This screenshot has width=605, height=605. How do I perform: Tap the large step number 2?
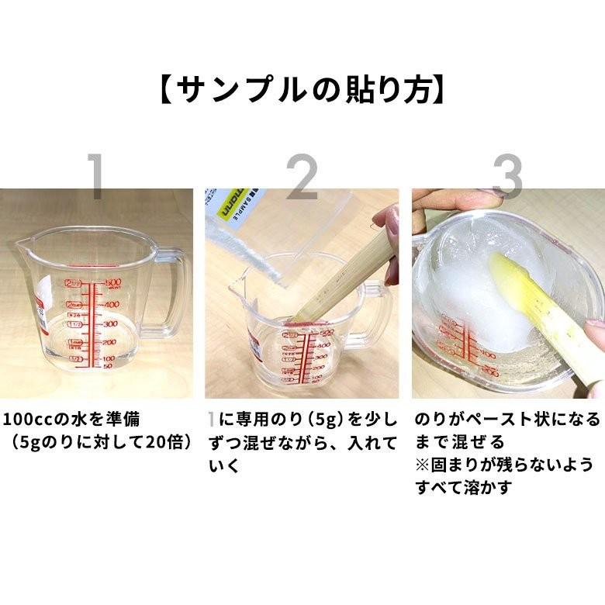[x=302, y=178]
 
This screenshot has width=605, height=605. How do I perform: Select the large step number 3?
[x=507, y=178]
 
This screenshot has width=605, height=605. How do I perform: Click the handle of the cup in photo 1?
[x=172, y=291]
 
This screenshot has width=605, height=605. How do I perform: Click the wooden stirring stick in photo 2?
[x=341, y=268]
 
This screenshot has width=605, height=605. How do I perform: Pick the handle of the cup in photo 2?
[x=376, y=318]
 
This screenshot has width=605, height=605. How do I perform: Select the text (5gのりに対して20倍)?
[x=101, y=443]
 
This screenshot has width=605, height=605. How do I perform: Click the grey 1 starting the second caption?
[x=213, y=420]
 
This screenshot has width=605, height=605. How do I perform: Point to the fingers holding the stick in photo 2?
[x=388, y=233]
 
